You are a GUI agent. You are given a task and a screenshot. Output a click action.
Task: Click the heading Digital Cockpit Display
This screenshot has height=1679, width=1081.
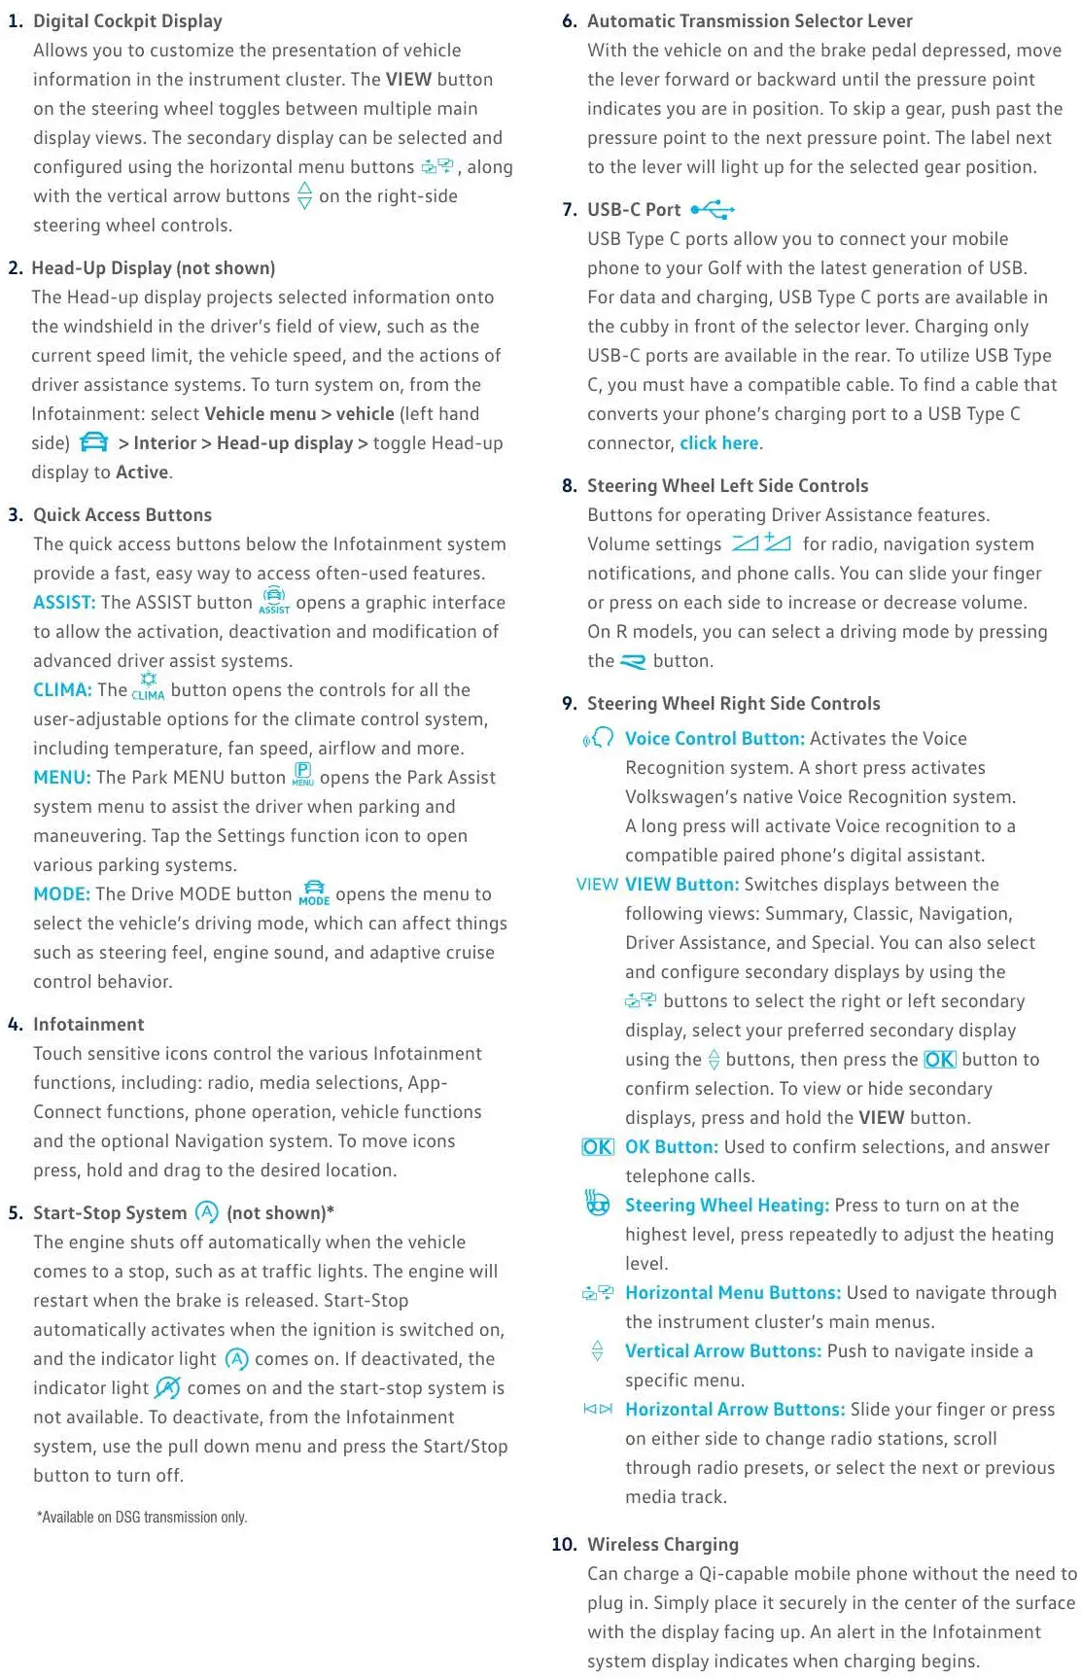click(127, 20)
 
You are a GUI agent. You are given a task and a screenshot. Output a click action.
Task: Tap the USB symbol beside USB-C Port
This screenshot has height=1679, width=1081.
click(713, 209)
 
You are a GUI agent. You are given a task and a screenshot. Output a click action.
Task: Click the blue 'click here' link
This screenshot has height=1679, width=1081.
click(719, 443)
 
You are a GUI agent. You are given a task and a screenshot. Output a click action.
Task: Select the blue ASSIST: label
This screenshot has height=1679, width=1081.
click(64, 603)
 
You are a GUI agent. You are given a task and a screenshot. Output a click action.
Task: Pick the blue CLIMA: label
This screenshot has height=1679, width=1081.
click(62, 690)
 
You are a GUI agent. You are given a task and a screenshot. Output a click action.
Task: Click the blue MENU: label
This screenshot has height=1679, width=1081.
click(61, 778)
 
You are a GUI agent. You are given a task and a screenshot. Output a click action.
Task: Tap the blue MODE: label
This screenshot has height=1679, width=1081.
click(61, 894)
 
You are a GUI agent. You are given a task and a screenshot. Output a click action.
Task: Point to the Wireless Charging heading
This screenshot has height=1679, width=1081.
click(663, 1545)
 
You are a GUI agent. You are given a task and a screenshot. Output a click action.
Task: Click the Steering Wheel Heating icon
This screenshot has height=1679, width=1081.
click(597, 1204)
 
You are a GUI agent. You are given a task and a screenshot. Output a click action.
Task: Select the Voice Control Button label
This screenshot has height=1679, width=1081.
click(715, 739)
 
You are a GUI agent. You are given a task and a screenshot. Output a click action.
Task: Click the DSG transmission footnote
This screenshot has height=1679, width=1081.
click(142, 1517)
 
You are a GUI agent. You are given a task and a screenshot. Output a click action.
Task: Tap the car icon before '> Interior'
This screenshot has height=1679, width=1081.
click(94, 443)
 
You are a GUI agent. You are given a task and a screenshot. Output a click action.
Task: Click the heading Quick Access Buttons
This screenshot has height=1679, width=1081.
click(122, 515)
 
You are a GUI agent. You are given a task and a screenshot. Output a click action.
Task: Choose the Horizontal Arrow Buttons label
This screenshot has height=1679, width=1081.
click(735, 1410)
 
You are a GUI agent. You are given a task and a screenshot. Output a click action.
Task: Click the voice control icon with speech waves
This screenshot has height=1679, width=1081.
click(598, 738)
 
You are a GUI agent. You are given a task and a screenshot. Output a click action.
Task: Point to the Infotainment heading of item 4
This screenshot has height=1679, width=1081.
click(88, 1025)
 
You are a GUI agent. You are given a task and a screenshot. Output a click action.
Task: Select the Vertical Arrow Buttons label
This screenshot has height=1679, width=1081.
click(725, 1351)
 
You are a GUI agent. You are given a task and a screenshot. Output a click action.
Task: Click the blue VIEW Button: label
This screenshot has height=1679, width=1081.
click(681, 885)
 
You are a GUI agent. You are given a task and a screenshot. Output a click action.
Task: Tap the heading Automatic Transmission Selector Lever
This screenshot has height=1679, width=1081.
click(750, 20)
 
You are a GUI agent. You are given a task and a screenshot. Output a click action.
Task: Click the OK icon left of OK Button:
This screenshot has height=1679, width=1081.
click(597, 1147)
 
